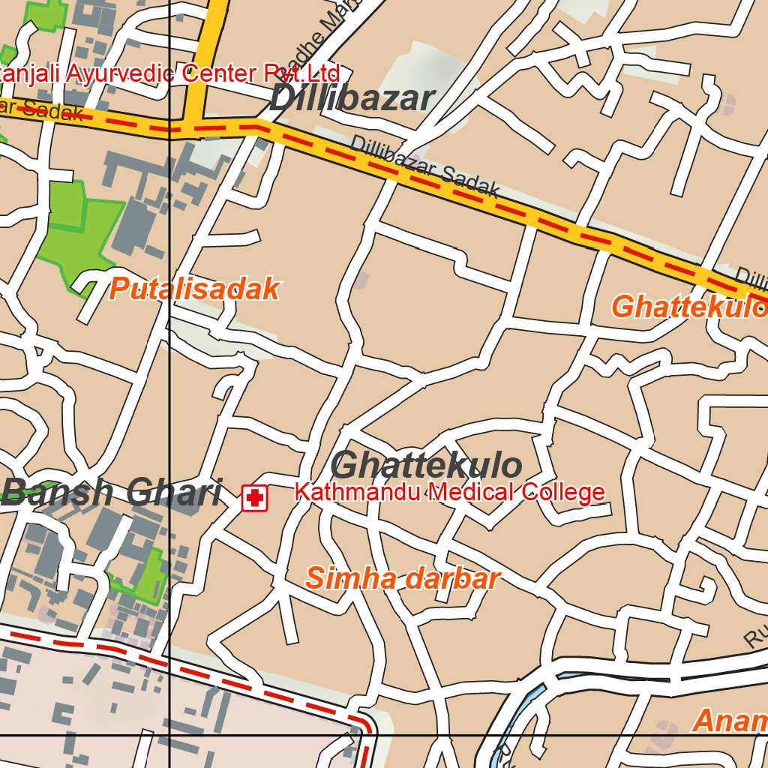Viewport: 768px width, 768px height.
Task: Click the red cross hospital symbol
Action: point(254,498)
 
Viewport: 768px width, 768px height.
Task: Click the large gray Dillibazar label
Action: point(352,99)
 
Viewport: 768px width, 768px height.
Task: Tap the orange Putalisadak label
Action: point(194,289)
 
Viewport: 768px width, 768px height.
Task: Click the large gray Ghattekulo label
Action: point(426,466)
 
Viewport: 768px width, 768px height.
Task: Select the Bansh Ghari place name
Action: point(112,493)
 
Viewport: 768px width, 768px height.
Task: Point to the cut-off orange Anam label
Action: point(730,721)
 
